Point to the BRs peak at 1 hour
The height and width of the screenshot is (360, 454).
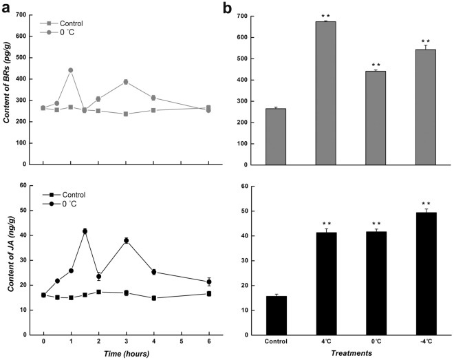(71, 70)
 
